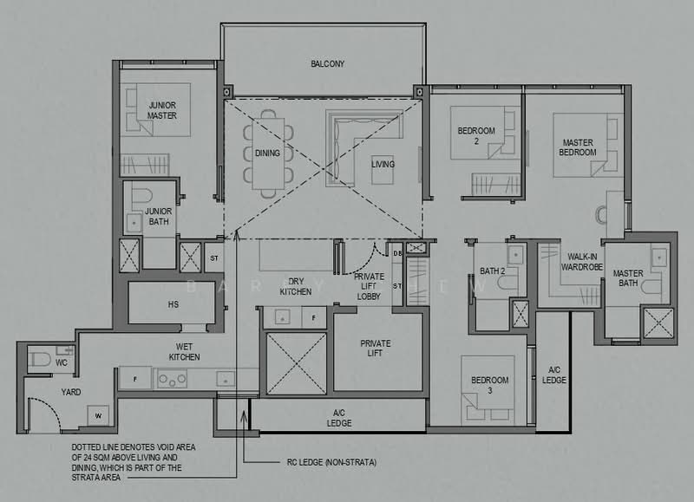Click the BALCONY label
coord(328,63)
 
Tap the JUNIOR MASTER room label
coord(162,110)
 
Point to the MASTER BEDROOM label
coord(578,147)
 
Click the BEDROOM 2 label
coord(476,135)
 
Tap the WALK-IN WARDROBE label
coord(586,263)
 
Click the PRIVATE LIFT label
coord(376,349)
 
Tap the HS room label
coord(173,304)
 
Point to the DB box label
coord(397,252)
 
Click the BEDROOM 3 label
coord(489,384)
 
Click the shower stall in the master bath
coord(657,323)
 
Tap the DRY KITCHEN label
coord(295,285)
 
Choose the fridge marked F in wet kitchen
coord(134,379)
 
